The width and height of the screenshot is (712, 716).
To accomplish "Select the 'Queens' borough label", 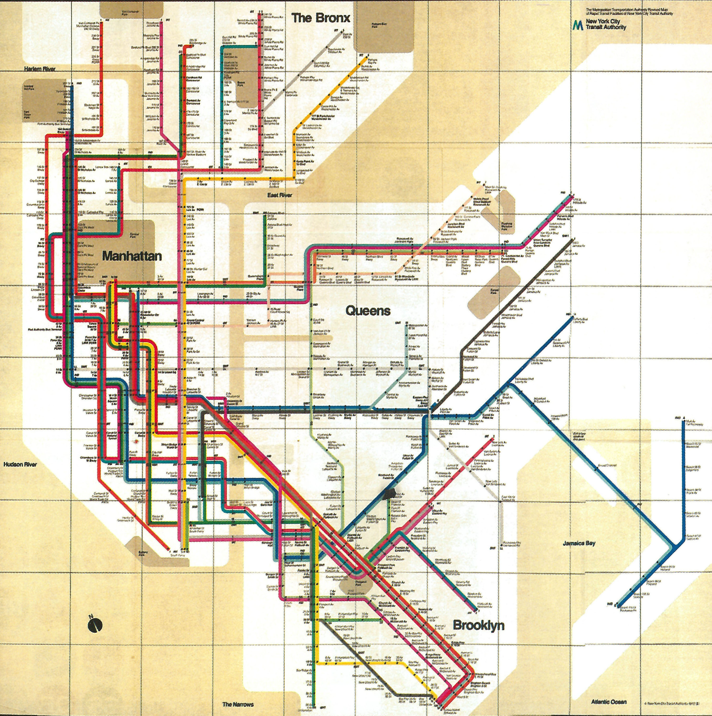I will (x=368, y=311).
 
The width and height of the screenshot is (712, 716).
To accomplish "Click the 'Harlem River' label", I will (x=40, y=69).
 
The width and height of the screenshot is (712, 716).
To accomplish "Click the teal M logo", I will (x=577, y=25).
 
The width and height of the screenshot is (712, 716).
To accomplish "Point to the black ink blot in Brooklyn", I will (x=390, y=493).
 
